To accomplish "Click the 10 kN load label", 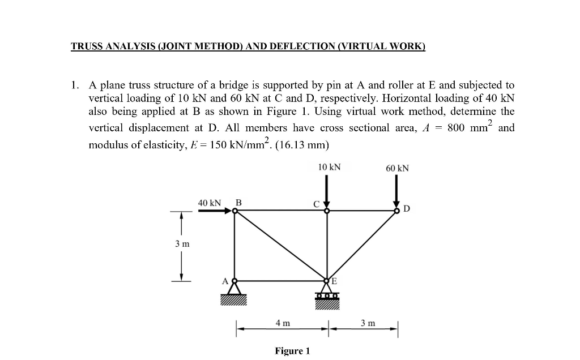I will coord(329,167).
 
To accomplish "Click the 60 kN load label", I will coord(397,168).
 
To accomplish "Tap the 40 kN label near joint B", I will coord(209,202).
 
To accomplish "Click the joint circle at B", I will coord(235,211).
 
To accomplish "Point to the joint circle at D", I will coord(398,211).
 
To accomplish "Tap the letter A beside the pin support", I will coord(225,280).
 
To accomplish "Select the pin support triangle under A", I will coord(235,289).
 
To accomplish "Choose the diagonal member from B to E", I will coord(281,246).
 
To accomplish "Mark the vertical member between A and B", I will coord(235,246).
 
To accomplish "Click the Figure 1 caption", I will coord(292,351).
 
